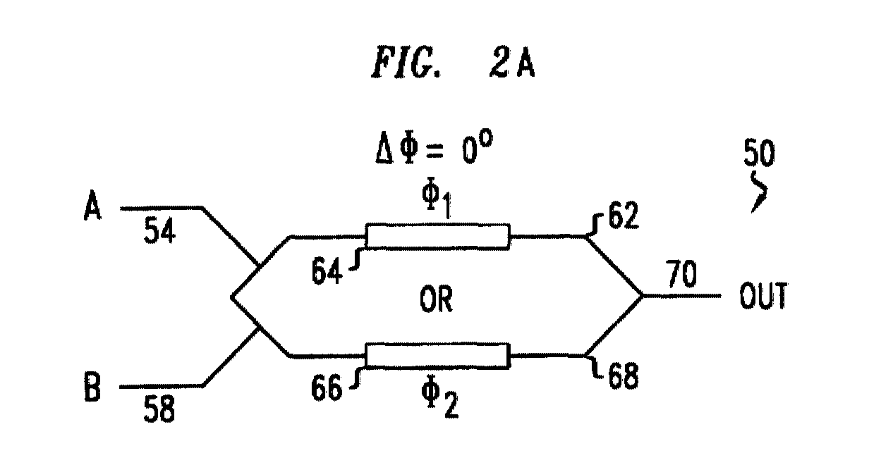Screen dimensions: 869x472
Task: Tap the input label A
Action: click(92, 206)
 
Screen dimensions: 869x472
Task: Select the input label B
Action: click(92, 386)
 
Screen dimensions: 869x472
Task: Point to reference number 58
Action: click(159, 409)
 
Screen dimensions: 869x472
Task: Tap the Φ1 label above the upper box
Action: click(437, 200)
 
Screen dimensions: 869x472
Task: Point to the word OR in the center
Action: click(436, 299)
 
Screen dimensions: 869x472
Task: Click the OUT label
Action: click(763, 295)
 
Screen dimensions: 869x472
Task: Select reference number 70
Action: click(681, 274)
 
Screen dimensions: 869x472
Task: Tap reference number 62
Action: click(623, 215)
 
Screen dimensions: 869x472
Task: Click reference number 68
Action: click(623, 375)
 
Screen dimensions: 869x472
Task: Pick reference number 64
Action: click(327, 271)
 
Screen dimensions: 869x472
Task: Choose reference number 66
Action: click(327, 387)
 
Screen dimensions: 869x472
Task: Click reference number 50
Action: click(759, 153)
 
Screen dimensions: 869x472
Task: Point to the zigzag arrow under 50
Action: click(761, 191)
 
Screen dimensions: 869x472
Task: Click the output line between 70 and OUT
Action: click(681, 296)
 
